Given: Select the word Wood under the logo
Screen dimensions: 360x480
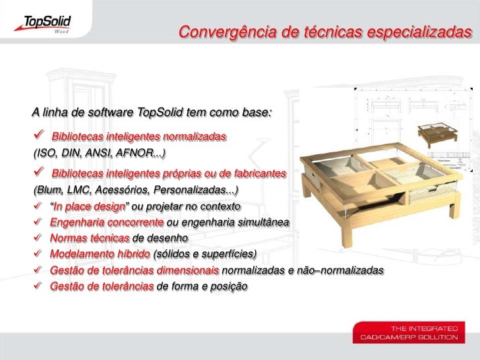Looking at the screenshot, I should pyautogui.click(x=61, y=30).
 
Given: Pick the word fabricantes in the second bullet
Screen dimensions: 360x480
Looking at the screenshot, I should pyautogui.click(x=254, y=173).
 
